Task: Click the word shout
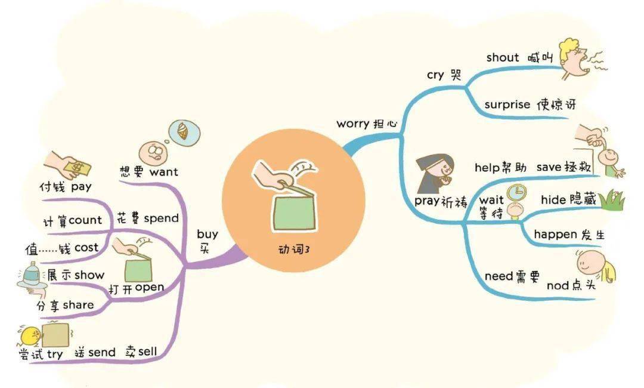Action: click(x=502, y=57)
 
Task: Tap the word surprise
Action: click(x=507, y=104)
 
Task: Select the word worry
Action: click(x=352, y=124)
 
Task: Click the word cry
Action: click(x=435, y=75)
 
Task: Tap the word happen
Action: click(x=555, y=235)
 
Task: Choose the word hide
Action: click(x=553, y=200)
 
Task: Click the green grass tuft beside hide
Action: click(x=612, y=200)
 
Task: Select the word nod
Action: click(x=558, y=285)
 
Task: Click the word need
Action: click(x=499, y=276)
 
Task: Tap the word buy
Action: click(x=208, y=234)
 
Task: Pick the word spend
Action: click(x=161, y=218)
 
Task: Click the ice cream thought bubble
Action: click(x=184, y=132)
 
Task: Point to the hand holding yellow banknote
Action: click(x=68, y=165)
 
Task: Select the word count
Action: click(x=85, y=220)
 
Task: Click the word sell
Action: click(x=148, y=352)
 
